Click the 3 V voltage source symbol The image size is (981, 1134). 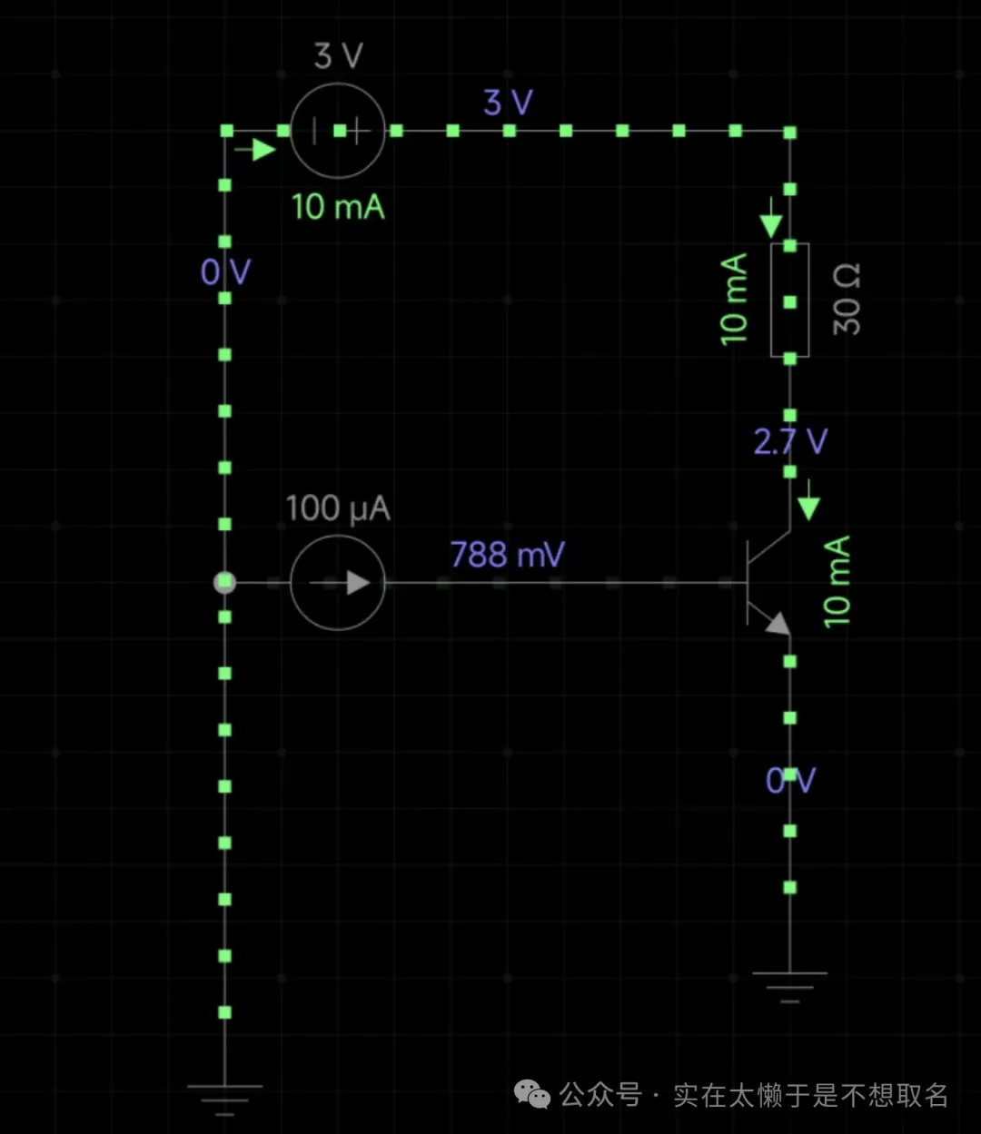[338, 131]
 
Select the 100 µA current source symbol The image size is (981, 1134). [338, 583]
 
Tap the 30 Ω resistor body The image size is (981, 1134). [789, 301]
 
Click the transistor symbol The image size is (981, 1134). [768, 582]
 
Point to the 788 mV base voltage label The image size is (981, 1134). [507, 554]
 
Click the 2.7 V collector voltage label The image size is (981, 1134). [790, 442]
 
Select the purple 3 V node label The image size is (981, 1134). [508, 103]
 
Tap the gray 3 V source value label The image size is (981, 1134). [338, 56]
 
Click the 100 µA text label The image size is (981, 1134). [338, 508]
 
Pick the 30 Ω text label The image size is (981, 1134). [847, 300]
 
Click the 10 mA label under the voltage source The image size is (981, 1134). [338, 207]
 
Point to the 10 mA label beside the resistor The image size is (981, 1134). [734, 300]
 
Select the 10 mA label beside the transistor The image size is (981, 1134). [837, 582]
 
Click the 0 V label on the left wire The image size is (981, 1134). [225, 271]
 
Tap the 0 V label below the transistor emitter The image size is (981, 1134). [790, 780]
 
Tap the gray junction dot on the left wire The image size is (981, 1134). [224, 583]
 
